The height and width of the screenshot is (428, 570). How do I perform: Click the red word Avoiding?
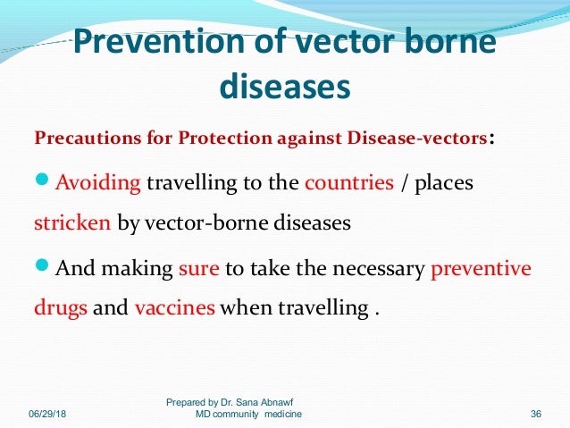click(x=98, y=183)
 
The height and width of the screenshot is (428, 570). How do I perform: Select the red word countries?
click(x=349, y=183)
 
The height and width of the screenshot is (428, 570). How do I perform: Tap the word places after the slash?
click(x=443, y=184)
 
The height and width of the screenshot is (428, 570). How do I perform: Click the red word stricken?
click(x=72, y=222)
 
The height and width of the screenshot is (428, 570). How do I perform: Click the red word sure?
click(x=198, y=268)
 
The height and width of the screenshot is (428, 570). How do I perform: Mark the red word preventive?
click(x=481, y=268)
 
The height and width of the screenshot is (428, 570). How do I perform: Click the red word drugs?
click(x=61, y=308)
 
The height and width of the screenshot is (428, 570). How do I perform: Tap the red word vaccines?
click(x=174, y=308)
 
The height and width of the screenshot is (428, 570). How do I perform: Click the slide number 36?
click(x=536, y=415)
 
